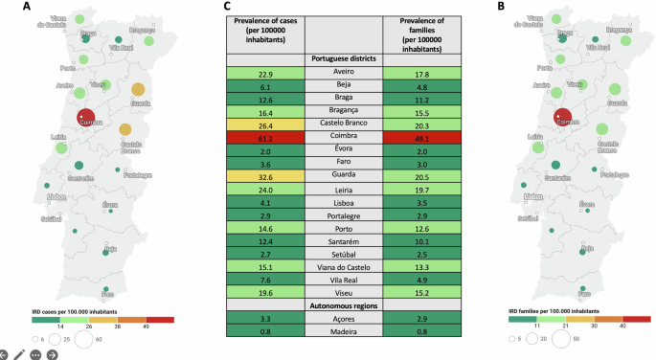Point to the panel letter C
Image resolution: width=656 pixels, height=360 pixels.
click(x=227, y=7)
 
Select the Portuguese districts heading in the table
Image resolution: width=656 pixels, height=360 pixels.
click(x=343, y=59)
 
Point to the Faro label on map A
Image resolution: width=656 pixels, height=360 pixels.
click(x=107, y=294)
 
